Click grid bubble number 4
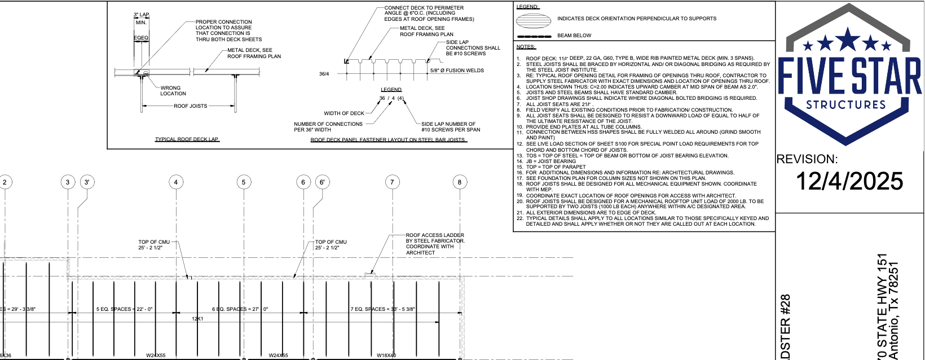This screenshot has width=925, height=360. tap(176, 182)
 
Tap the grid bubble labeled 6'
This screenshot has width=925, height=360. tap(322, 182)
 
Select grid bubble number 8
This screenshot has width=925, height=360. tap(460, 182)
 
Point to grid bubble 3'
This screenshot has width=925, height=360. tap(87, 182)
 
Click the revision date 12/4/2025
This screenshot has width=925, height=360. tap(849, 181)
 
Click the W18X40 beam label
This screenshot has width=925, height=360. tap(386, 355)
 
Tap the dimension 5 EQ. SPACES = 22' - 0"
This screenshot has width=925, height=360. tap(124, 309)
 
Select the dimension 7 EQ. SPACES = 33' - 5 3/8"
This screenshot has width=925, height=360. tap(383, 309)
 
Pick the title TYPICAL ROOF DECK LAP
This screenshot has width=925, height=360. tap(187, 139)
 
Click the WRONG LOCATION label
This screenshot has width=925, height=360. tap(173, 91)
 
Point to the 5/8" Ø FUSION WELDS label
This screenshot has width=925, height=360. tap(457, 71)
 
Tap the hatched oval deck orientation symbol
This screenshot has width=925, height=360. tap(533, 20)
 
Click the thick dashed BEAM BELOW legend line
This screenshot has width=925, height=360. tap(534, 36)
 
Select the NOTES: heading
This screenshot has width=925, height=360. tap(526, 47)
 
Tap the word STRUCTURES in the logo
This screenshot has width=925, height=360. tap(846, 105)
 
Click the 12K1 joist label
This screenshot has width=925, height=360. tap(197, 319)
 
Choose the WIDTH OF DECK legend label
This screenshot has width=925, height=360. tap(344, 113)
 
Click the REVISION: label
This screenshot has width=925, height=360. tap(807, 159)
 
